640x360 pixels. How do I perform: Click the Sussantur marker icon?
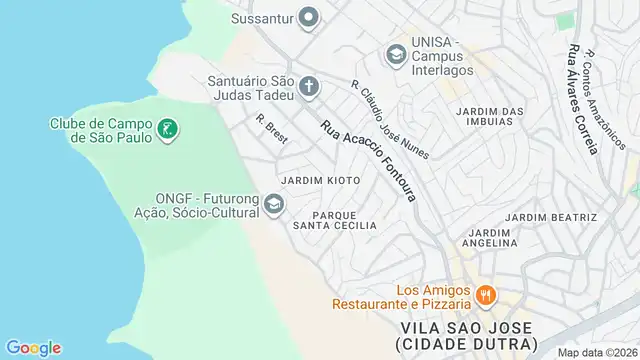[x=309, y=17]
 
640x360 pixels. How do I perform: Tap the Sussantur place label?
[x=263, y=17]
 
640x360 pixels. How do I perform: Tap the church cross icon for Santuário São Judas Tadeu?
[x=309, y=87]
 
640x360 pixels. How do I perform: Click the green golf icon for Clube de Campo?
[x=168, y=130]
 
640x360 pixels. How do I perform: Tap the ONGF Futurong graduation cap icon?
[x=273, y=205]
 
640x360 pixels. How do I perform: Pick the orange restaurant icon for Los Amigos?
[x=486, y=295]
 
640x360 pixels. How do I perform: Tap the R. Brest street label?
[x=271, y=129]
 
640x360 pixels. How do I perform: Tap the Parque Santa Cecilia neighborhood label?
[x=334, y=220]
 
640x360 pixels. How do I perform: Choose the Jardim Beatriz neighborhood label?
[x=551, y=217]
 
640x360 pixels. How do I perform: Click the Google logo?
[x=33, y=348]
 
